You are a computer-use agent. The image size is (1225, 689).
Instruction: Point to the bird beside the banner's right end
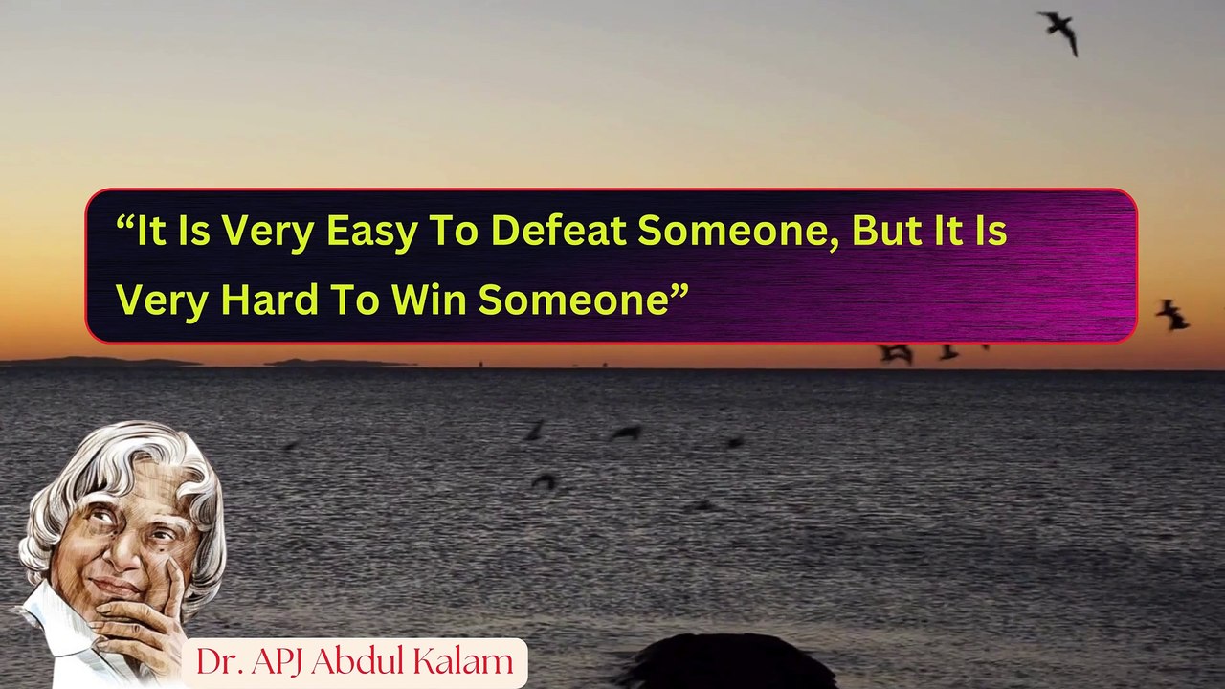(1171, 314)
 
